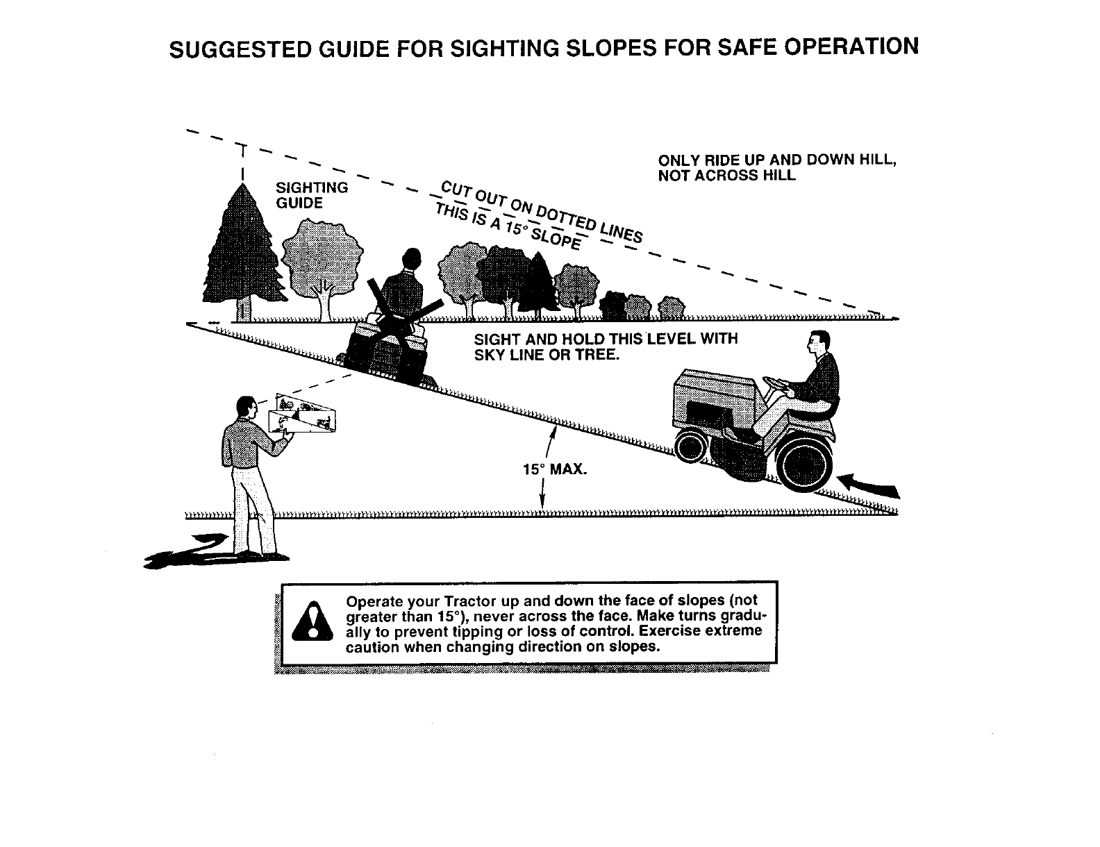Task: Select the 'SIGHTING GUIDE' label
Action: (x=312, y=195)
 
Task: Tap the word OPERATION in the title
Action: (x=843, y=47)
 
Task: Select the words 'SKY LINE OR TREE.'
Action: (x=546, y=355)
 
